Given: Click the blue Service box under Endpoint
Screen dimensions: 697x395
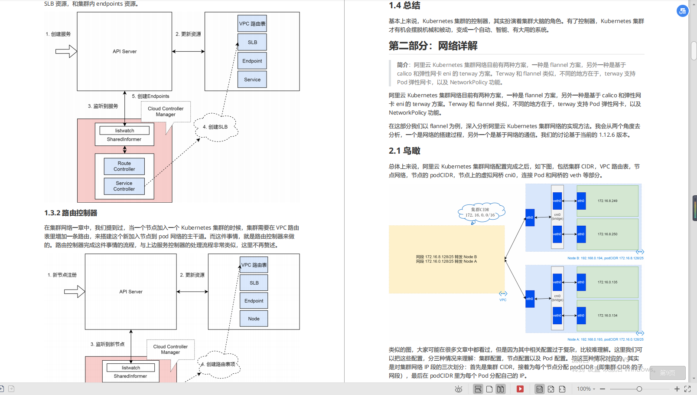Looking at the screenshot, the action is click(x=252, y=79).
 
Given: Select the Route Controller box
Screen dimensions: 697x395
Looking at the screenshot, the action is click(x=124, y=166).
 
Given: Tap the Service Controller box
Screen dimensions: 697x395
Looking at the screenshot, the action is click(x=124, y=186).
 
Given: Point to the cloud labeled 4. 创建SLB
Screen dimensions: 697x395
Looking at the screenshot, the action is click(x=215, y=127).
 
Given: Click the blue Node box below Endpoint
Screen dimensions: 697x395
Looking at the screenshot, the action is click(x=254, y=319).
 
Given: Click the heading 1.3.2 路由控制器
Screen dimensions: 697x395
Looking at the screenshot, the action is click(x=71, y=213).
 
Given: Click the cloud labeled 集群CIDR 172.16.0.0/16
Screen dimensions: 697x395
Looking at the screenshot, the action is click(x=480, y=212).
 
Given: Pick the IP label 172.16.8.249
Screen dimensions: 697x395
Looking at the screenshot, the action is click(x=607, y=201).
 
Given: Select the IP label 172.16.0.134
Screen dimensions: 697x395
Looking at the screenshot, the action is click(x=607, y=316).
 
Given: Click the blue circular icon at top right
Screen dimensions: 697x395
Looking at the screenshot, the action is click(x=682, y=11).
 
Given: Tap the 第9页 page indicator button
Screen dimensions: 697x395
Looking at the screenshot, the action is click(x=668, y=373).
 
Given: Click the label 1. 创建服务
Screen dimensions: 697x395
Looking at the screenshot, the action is click(x=58, y=34).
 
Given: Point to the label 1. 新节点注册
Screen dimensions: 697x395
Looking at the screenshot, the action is click(x=62, y=275).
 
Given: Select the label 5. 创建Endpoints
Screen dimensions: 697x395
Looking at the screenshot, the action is click(x=150, y=96).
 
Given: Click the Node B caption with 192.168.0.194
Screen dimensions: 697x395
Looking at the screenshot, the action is click(x=605, y=258).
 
